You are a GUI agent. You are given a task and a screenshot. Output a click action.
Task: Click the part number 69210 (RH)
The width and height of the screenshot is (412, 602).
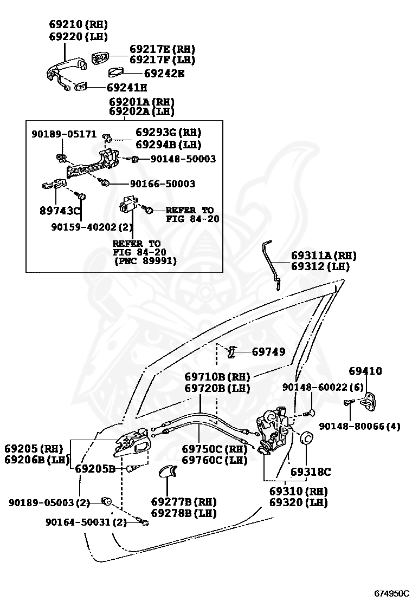[79, 24]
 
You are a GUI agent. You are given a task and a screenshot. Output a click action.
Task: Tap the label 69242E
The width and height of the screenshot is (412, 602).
[164, 73]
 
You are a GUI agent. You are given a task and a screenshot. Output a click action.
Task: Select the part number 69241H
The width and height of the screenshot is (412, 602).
[127, 88]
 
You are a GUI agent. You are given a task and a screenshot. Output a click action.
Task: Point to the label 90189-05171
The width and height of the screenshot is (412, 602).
[64, 134]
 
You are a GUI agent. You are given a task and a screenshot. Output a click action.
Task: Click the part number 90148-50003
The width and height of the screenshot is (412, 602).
[183, 159]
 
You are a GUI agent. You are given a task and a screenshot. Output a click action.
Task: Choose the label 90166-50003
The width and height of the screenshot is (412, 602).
[162, 184]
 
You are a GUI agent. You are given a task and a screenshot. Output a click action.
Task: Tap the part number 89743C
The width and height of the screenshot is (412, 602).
[60, 211]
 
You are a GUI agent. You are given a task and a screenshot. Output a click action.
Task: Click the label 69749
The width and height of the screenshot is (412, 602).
[269, 352]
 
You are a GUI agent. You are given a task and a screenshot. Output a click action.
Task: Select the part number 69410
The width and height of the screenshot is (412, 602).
[365, 371]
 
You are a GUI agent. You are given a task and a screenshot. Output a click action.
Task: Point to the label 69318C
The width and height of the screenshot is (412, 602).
[311, 472]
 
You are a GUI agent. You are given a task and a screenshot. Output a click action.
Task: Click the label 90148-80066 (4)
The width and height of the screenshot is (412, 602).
[360, 426]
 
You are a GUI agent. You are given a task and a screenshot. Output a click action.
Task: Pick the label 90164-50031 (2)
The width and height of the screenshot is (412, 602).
[86, 522]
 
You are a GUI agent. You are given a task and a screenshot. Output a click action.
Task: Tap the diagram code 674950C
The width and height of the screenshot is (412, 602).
[391, 593]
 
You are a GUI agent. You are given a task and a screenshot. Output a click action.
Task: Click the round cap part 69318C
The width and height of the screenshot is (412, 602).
[306, 438]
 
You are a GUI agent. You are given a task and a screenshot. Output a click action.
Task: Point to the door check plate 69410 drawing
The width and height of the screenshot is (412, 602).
[369, 402]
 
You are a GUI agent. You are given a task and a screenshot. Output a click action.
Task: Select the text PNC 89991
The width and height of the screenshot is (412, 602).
[146, 261]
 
